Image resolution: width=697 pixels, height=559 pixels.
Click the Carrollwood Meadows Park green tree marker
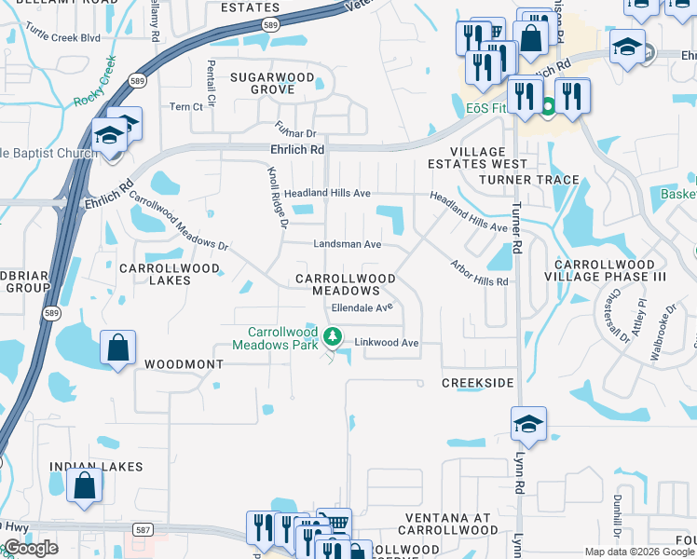(331, 336)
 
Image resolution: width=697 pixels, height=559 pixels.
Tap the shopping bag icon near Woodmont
(118, 348)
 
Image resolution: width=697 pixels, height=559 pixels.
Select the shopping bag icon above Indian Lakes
(84, 485)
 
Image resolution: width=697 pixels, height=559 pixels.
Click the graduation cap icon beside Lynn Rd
(528, 424)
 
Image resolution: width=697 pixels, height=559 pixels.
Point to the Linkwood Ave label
(387, 343)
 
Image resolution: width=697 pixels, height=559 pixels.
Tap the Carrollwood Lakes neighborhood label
(170, 274)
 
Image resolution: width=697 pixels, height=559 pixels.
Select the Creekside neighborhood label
(478, 383)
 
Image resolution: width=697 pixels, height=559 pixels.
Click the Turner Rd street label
(517, 233)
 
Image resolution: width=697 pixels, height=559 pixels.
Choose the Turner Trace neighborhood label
(529, 180)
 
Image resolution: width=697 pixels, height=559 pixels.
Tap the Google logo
(32, 548)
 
